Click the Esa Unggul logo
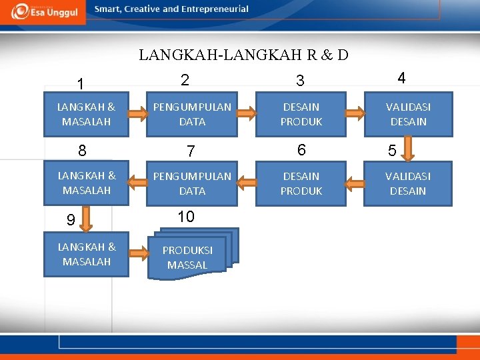[43, 11]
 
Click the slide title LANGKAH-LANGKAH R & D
[243, 55]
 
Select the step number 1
[80, 84]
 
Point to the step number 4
[401, 78]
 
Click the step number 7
[191, 152]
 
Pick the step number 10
[186, 217]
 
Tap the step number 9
[70, 219]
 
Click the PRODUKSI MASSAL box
[189, 256]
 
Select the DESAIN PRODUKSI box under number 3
[301, 114]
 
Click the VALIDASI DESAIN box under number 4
[408, 114]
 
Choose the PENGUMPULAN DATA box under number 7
[192, 183]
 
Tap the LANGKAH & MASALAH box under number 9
[87, 254]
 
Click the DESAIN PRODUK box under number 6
[301, 183]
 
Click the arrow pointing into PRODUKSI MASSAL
[138, 253]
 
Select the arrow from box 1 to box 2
[138, 114]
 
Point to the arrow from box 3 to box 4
[355, 113]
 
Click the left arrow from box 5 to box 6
[354, 182]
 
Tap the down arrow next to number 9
[104, 219]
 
